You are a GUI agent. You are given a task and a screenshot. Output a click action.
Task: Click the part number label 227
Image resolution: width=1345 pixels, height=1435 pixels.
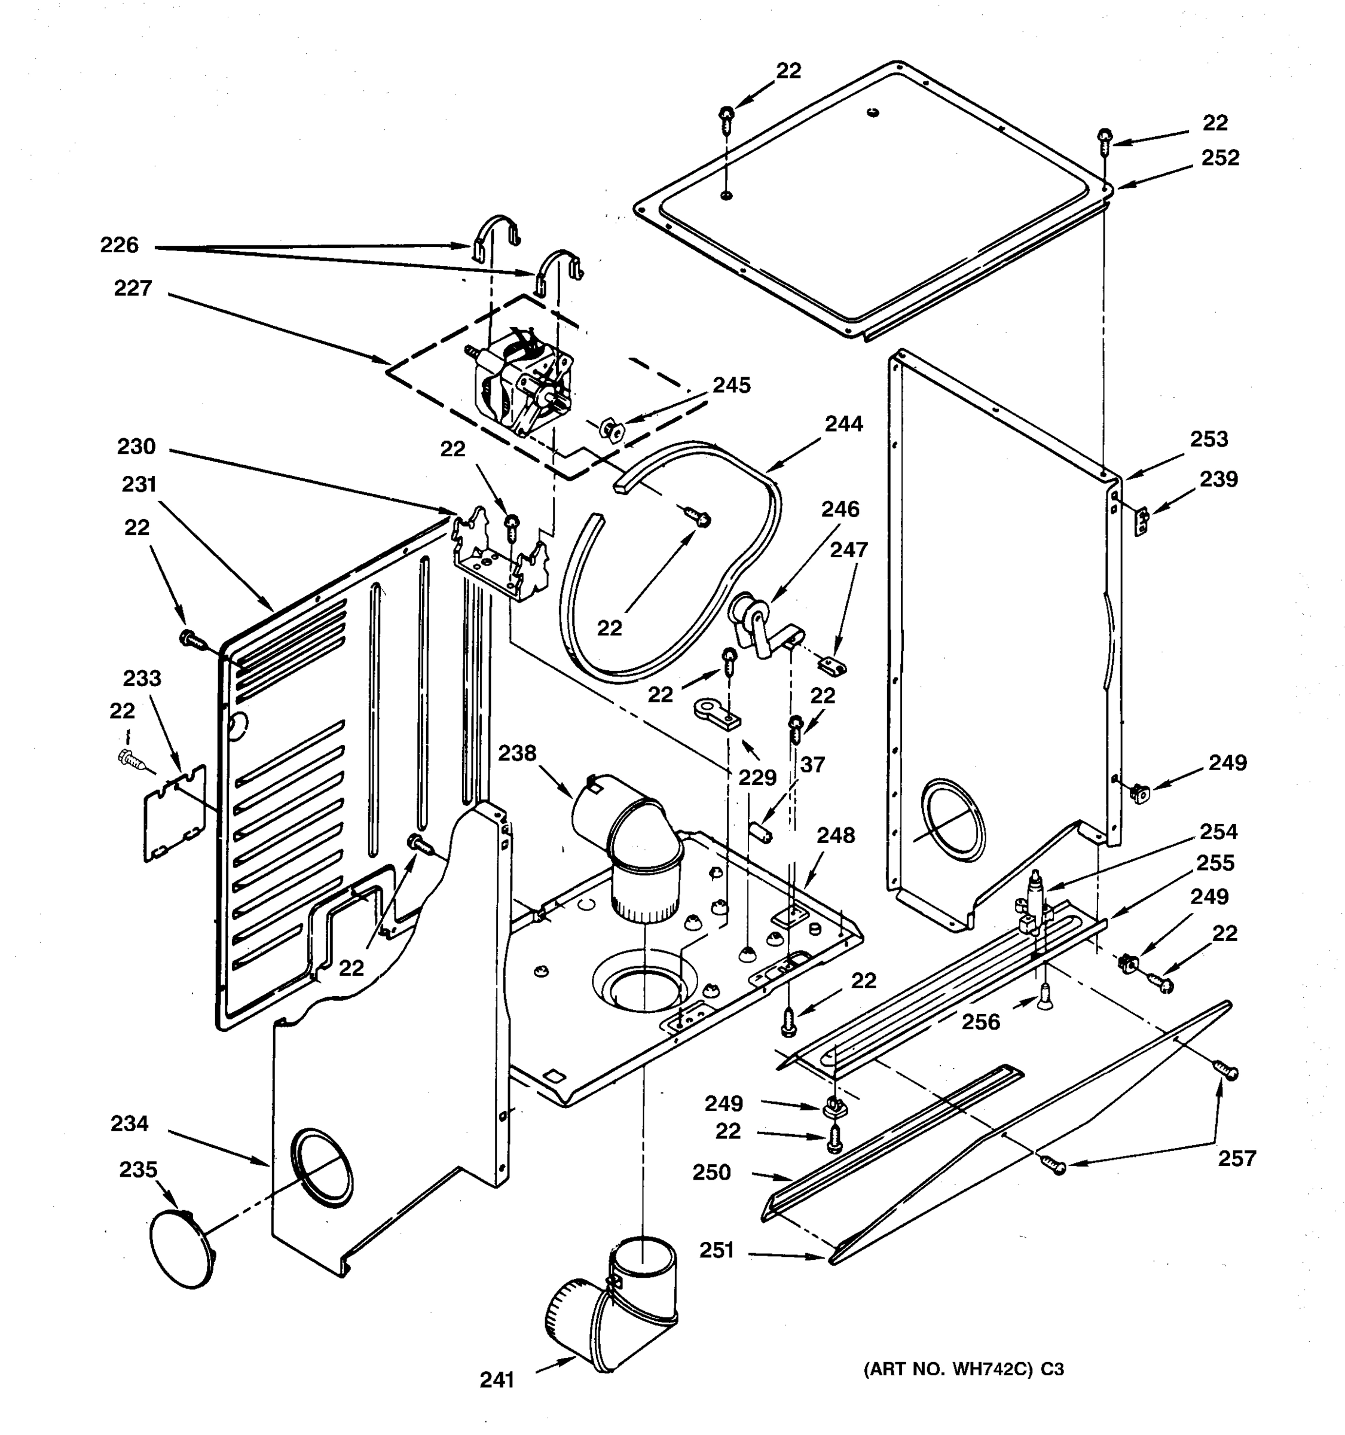click(133, 289)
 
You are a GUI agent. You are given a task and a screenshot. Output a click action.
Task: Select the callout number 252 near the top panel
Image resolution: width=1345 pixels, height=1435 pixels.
click(1219, 158)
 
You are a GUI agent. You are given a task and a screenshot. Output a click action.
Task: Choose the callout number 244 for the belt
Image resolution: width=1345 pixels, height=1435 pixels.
click(843, 424)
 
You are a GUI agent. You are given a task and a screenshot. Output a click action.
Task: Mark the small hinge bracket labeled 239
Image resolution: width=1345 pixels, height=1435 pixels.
click(1142, 522)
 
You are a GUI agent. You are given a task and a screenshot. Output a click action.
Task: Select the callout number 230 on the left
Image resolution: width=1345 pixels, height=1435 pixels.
click(136, 447)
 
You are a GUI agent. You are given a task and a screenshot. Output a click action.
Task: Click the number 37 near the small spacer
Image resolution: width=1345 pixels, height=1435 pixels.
click(812, 764)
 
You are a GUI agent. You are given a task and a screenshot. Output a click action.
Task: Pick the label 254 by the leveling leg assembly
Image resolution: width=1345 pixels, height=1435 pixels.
click(1218, 832)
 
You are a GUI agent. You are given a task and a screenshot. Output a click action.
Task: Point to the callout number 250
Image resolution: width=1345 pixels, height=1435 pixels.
click(711, 1173)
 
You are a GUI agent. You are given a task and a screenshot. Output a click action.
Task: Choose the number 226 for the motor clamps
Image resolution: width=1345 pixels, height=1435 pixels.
click(119, 245)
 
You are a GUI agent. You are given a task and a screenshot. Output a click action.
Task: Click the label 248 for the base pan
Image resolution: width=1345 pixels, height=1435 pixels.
click(836, 835)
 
